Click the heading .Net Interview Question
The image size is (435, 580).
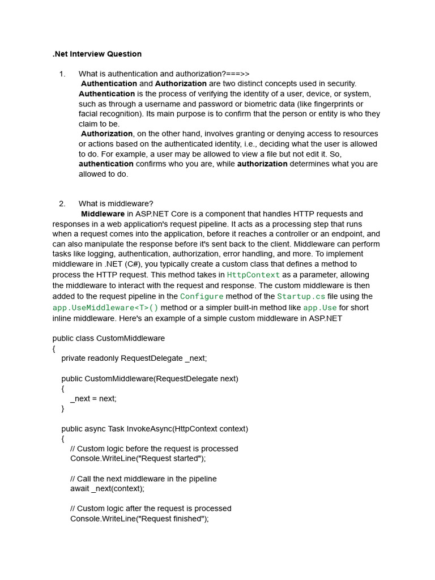tap(97, 54)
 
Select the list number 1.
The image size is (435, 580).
tap(62, 74)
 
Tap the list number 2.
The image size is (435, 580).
tap(62, 204)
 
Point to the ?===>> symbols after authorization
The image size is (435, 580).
tap(237, 74)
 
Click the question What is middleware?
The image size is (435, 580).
tap(116, 204)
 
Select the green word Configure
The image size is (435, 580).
tap(202, 296)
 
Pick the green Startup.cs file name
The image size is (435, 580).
tap(301, 296)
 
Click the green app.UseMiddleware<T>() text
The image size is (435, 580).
tap(105, 308)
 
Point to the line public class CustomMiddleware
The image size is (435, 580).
tap(109, 338)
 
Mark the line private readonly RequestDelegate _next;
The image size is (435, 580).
tap(134, 358)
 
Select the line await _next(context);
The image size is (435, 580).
tap(107, 488)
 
